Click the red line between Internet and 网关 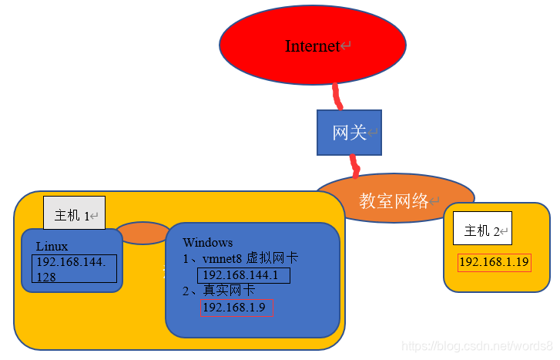tap(337, 96)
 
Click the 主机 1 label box tap(74, 214)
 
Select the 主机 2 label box tap(482, 228)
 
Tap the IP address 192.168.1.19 tap(494, 262)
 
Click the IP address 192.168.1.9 tap(236, 308)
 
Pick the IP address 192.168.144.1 tap(243, 275)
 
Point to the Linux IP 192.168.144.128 tap(74, 269)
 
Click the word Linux tap(52, 247)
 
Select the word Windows tap(207, 242)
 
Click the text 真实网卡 tap(229, 291)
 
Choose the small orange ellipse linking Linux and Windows tap(143, 233)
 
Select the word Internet tap(312, 46)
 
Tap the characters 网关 tap(349, 133)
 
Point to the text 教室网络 tap(394, 202)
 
